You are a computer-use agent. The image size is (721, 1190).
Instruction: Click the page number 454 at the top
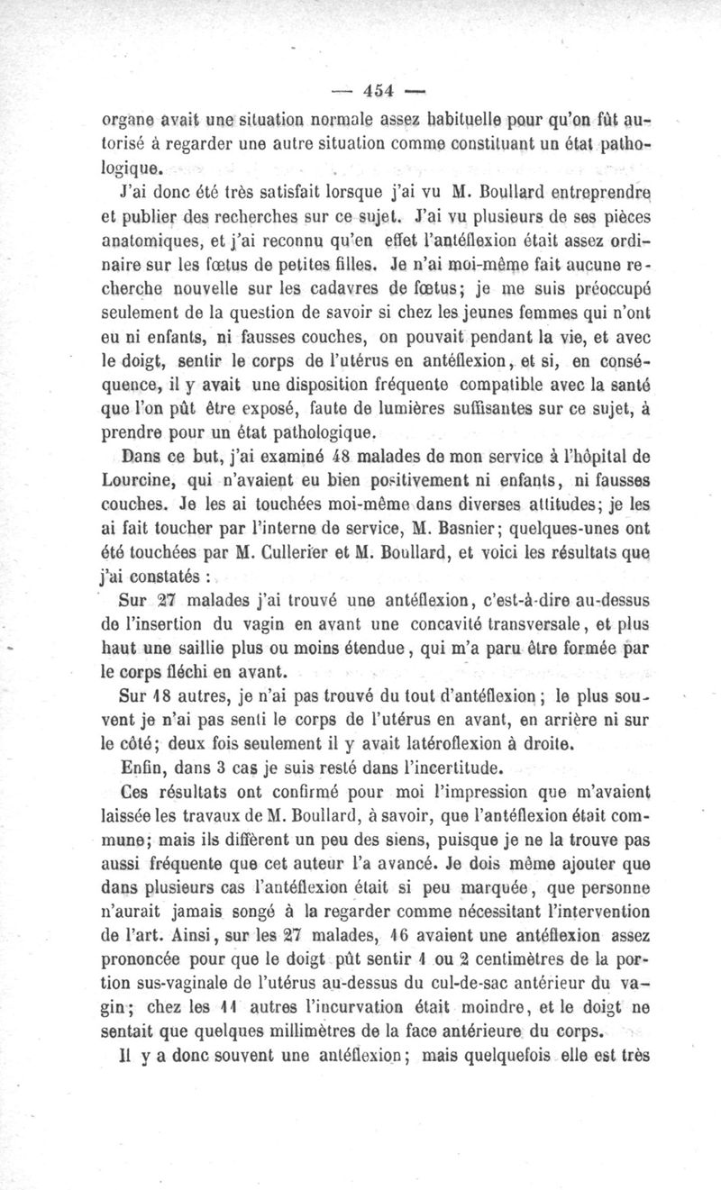(x=380, y=91)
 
